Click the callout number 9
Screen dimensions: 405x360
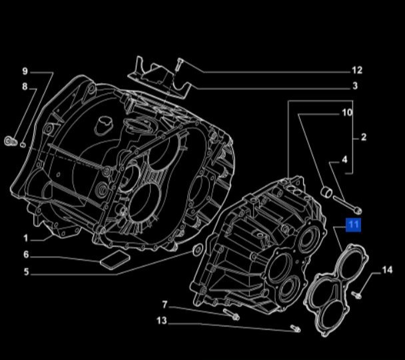(x=25, y=71)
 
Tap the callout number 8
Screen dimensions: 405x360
(x=25, y=87)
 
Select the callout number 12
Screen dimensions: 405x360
(x=357, y=70)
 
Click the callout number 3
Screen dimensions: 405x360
(x=355, y=86)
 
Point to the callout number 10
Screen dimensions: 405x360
(x=347, y=112)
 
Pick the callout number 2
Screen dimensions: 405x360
(x=364, y=137)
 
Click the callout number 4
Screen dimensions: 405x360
(x=345, y=160)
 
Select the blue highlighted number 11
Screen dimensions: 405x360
(x=353, y=225)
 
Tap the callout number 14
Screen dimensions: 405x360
(x=387, y=270)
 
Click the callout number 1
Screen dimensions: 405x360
(x=25, y=238)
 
